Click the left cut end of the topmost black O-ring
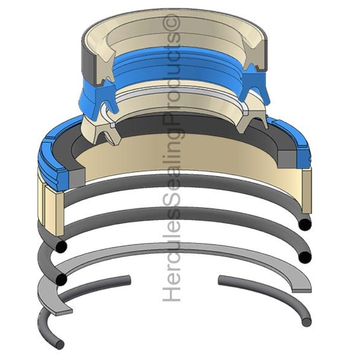(60, 246)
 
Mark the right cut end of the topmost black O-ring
(305, 224)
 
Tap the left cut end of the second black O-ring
(61, 280)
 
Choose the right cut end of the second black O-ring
(305, 257)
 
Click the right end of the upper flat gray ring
(302, 286)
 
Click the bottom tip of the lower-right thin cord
(306, 322)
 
